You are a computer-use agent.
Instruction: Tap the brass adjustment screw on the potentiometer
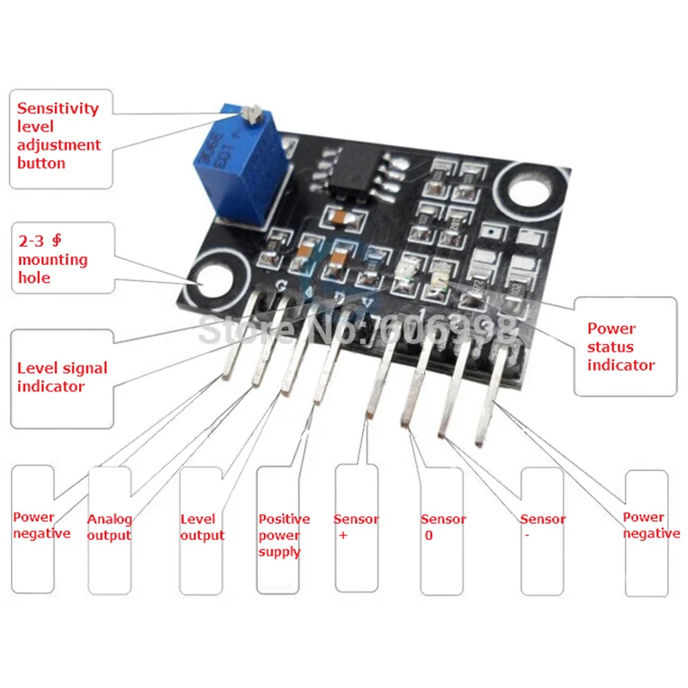coord(253,112)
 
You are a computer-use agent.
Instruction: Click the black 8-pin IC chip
coord(352,172)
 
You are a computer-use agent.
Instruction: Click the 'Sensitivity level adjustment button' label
coord(58,136)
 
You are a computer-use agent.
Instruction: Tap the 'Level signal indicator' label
coord(62,377)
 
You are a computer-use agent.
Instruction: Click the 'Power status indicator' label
coord(621,347)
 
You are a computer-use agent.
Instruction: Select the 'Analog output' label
coord(110,527)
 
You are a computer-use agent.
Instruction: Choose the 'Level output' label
coord(202,527)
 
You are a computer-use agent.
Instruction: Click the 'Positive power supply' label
coord(284,535)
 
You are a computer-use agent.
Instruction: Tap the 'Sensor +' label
coord(355,527)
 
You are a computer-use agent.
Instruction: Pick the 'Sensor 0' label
coord(443,527)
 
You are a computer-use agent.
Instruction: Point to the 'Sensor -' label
coord(543,527)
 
